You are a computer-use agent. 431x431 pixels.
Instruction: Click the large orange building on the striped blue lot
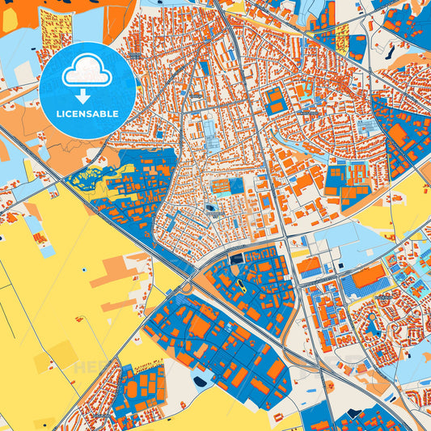[x=369, y=277]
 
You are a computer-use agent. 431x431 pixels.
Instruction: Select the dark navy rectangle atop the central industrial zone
[x=236, y=259]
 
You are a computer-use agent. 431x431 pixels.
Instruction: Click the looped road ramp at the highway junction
[x=188, y=284]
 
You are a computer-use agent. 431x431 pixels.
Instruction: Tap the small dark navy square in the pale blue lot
[x=212, y=208]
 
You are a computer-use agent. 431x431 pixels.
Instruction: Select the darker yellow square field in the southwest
[x=61, y=353]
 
